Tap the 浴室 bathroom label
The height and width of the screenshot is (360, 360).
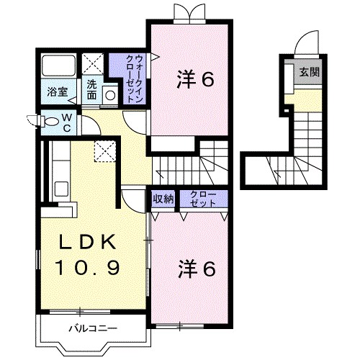tap(58, 92)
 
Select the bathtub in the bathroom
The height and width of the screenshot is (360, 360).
tap(59, 66)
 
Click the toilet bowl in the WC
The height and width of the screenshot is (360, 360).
tap(51, 121)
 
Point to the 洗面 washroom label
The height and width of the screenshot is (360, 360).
tap(91, 89)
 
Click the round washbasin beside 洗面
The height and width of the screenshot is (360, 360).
tap(110, 95)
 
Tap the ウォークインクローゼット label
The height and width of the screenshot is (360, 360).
tap(135, 78)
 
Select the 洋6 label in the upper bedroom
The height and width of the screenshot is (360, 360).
tap(195, 79)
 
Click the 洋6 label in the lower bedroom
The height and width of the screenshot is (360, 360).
tap(197, 269)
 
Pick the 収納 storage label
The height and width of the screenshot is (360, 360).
tap(163, 199)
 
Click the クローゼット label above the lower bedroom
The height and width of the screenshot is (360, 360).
tap(203, 199)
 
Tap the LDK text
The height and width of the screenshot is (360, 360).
tap(88, 242)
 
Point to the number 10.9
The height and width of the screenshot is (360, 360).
tap(88, 268)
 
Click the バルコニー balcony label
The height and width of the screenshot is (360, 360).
tap(94, 328)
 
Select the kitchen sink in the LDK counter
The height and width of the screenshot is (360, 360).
tap(61, 189)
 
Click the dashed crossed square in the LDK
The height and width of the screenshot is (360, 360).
tap(105, 151)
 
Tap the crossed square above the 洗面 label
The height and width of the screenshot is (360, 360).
tap(93, 64)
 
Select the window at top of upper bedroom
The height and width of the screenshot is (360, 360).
tap(190, 22)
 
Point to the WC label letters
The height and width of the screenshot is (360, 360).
tap(67, 123)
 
